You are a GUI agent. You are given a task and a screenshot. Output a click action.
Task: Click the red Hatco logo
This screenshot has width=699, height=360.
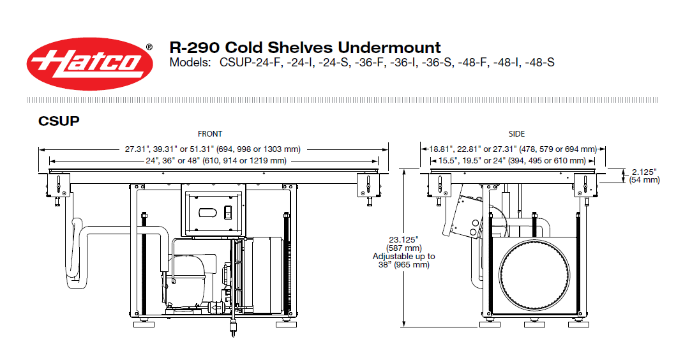pos(90,64)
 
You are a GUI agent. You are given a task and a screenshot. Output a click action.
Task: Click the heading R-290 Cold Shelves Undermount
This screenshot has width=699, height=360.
pos(305,47)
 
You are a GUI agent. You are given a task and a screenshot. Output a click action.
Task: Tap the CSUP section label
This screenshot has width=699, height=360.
pos(59,121)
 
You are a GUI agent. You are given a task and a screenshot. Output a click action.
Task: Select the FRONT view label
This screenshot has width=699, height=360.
pos(210,133)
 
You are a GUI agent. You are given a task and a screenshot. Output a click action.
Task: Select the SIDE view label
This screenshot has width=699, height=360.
pos(516,133)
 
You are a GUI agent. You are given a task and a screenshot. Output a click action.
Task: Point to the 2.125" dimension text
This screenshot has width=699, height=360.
pos(644,172)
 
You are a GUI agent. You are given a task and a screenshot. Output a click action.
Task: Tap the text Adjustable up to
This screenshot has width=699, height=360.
pos(404,256)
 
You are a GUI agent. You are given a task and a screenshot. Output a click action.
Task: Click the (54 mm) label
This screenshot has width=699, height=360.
pos(644,180)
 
